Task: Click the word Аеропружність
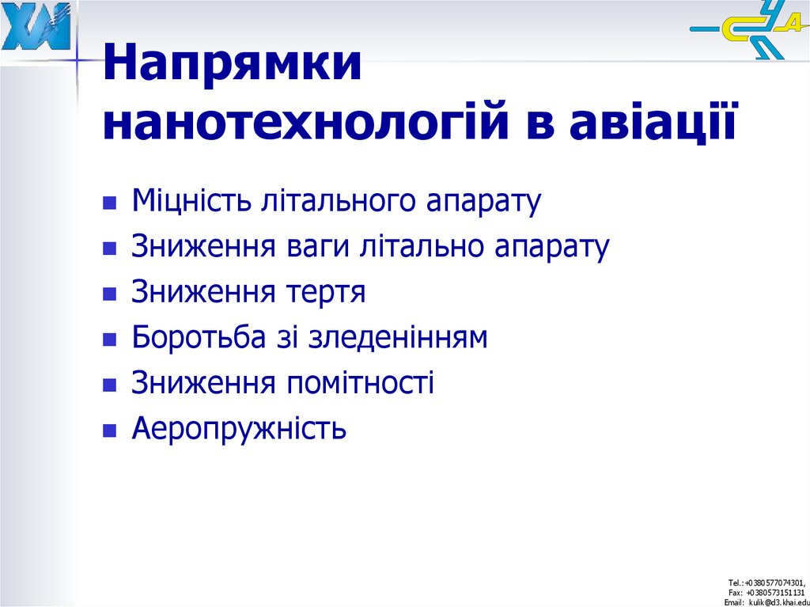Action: (239, 430)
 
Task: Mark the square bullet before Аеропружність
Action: (110, 431)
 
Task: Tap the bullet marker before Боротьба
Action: (110, 340)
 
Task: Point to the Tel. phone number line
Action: (766, 582)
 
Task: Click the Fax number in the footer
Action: (766, 592)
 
